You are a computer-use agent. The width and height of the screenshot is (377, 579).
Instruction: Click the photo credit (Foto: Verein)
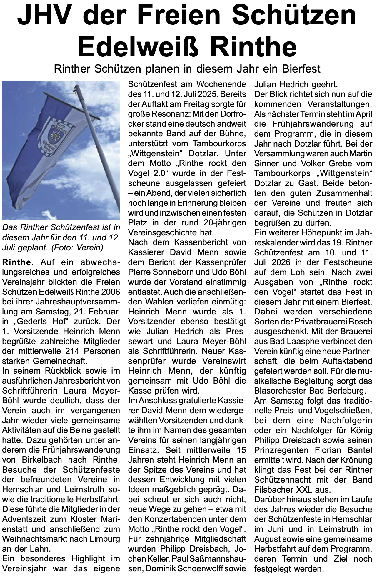coord(77,248)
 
